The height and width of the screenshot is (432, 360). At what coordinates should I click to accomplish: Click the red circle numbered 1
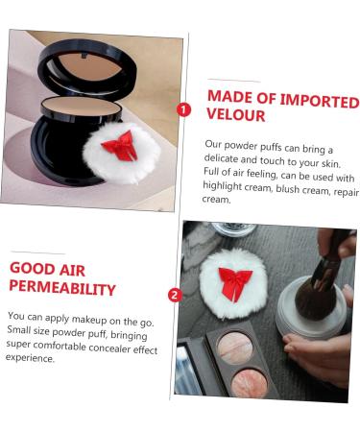click(x=184, y=109)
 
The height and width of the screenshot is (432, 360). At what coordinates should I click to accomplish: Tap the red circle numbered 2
click(x=175, y=295)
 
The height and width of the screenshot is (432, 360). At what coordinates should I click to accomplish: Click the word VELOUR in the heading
click(x=234, y=115)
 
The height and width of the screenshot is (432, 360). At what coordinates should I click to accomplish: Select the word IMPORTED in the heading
click(x=320, y=100)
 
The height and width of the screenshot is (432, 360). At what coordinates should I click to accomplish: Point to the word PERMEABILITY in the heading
click(x=62, y=287)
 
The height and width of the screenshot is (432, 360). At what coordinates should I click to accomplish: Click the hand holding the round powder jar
click(x=317, y=350)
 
